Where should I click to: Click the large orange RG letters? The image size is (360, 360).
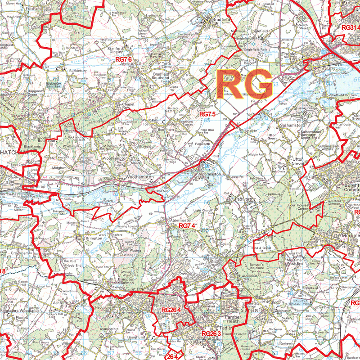tap(245, 84)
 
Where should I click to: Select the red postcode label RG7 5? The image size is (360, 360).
tap(207, 114)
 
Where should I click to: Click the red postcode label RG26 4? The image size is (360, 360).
tap(171, 310)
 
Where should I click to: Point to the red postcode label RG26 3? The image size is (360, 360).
tap(211, 333)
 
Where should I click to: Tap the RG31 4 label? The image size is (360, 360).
tap(351, 27)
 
